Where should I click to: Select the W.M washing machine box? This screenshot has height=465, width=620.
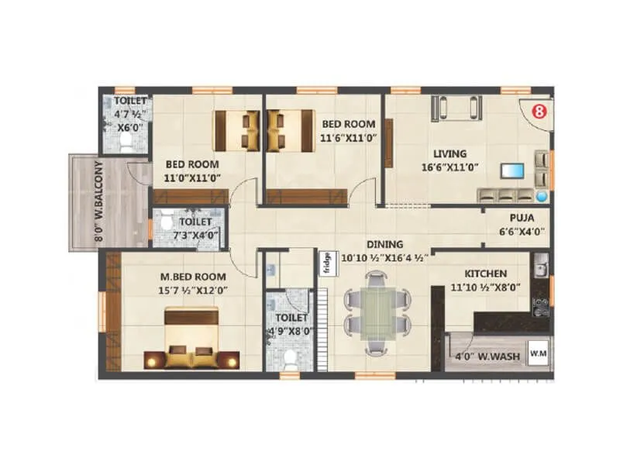pos(539,354)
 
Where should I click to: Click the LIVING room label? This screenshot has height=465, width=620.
pos(450,153)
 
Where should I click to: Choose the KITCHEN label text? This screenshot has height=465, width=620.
pos(486,274)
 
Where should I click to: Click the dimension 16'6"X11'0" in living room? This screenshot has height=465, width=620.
pos(450,166)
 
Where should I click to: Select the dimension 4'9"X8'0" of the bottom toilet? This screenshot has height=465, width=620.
pos(288,331)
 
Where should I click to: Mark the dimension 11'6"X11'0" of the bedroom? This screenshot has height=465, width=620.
pos(349,137)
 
